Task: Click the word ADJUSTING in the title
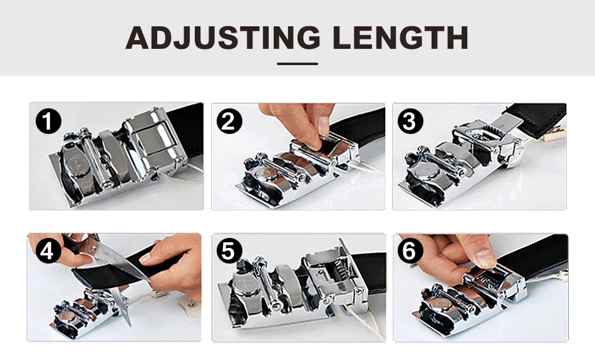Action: (x=223, y=38)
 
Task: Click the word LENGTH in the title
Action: (x=400, y=38)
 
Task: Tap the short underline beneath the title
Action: (x=297, y=64)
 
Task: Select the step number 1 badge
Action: (x=48, y=121)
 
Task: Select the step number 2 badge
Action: (x=229, y=121)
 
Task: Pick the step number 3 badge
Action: (x=410, y=121)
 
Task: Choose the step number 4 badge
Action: (x=48, y=251)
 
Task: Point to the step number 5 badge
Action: (x=229, y=251)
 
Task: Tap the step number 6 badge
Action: (x=410, y=251)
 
